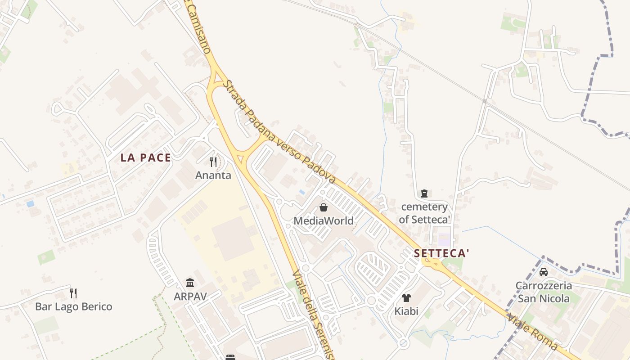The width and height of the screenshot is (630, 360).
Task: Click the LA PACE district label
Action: point(146,158)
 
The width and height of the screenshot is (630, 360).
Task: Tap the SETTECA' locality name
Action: point(441,253)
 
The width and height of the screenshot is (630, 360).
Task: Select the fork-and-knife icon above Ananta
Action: point(213,162)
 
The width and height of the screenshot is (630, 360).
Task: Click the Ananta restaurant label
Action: point(213,175)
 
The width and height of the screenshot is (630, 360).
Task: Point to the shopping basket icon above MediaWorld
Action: point(323,207)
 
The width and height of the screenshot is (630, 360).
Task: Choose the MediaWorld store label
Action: point(324,221)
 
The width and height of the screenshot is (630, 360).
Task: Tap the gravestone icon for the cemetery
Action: point(424,193)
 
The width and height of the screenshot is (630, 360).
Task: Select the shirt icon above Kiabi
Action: point(406,297)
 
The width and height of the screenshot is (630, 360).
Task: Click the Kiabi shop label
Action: point(406,311)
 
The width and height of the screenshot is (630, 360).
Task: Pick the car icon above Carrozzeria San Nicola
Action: point(544,272)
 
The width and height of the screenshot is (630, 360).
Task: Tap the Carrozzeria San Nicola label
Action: point(544,292)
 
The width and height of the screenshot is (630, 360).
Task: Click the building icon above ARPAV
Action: point(190,283)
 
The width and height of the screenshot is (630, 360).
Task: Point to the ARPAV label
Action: point(190,297)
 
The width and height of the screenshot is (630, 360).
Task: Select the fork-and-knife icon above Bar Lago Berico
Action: point(73,293)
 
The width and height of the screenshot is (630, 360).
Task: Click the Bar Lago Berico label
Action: point(74,307)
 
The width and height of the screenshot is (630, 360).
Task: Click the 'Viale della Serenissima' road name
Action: point(313,315)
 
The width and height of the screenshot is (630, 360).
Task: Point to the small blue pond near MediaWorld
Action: point(302,192)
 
